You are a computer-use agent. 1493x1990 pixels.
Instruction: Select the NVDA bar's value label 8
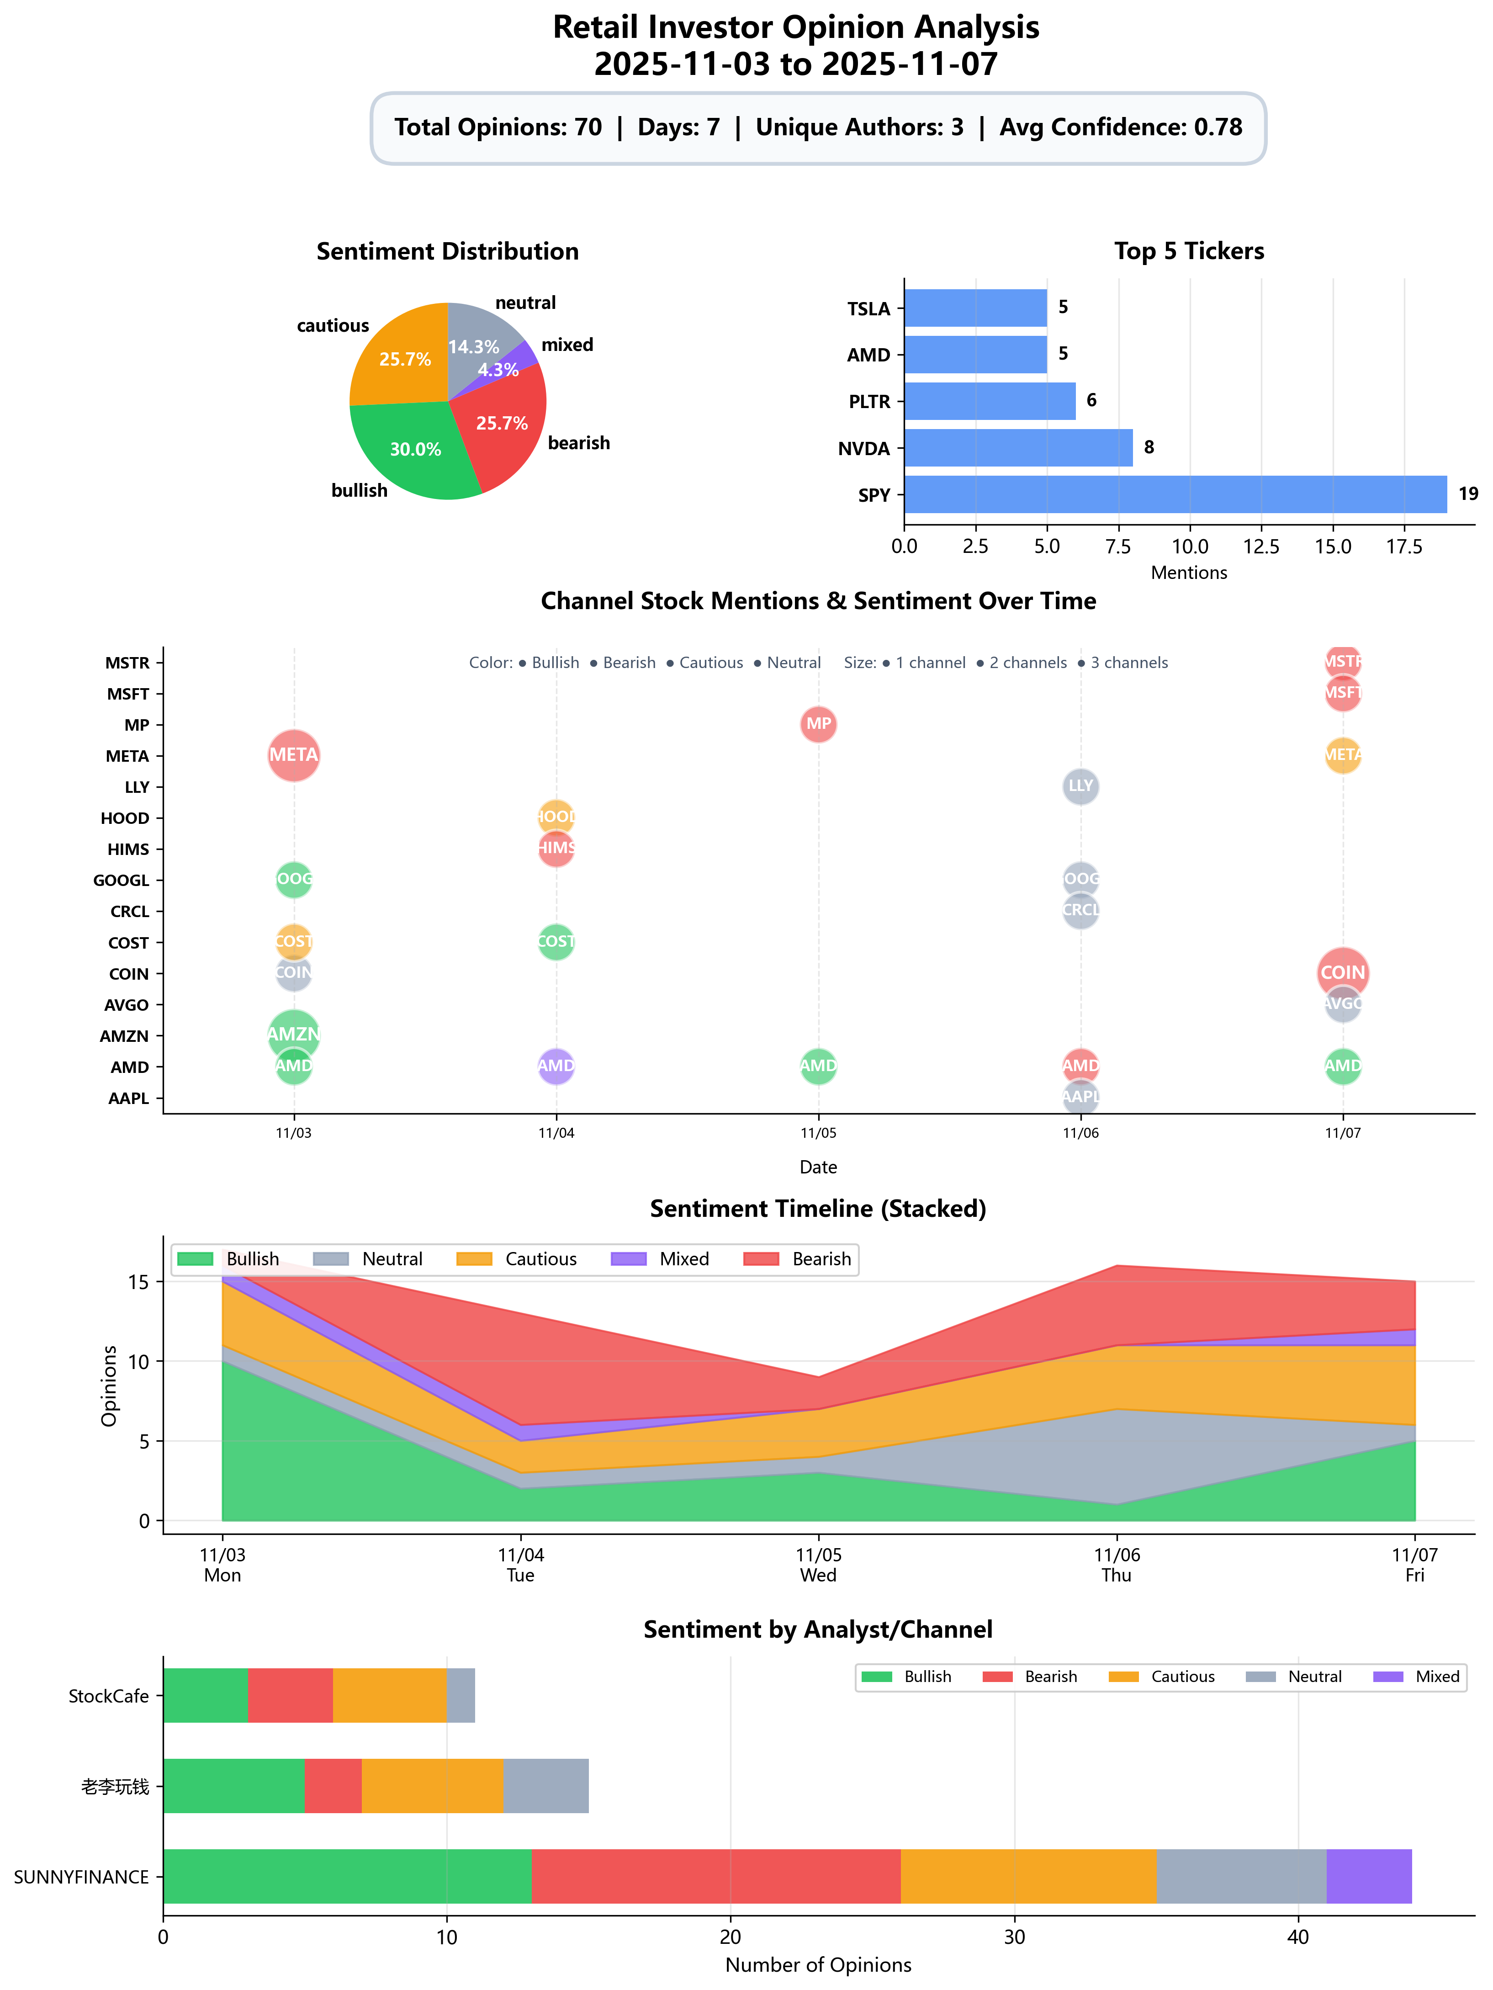click(1149, 447)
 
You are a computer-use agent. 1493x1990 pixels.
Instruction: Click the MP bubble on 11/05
click(818, 724)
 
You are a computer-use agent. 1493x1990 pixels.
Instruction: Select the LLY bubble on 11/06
click(1080, 786)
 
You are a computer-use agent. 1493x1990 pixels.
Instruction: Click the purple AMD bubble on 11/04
click(556, 1066)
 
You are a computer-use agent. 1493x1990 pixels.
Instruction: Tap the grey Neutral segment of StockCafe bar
click(461, 1696)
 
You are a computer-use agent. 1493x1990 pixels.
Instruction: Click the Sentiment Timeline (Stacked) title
click(818, 1208)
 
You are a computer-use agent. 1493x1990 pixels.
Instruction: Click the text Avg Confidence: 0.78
click(1121, 128)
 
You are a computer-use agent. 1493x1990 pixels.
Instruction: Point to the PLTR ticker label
click(869, 401)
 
